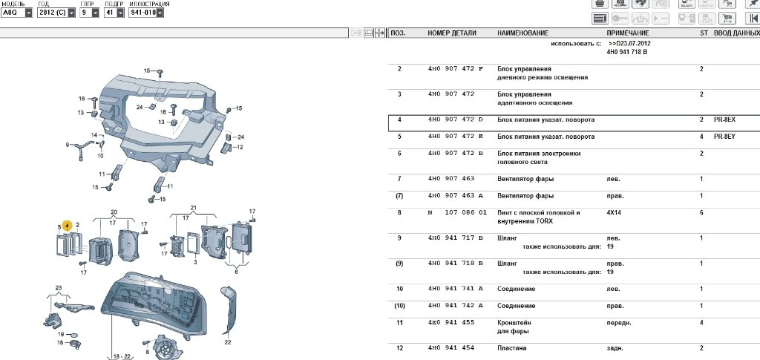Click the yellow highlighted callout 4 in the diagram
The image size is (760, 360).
(x=68, y=225)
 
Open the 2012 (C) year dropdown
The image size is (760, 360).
(x=56, y=13)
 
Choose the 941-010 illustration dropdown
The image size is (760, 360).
(x=145, y=13)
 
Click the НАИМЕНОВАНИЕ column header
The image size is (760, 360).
(x=522, y=33)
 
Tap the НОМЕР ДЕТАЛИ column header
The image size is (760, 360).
(x=453, y=33)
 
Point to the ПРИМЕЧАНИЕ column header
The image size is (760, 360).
(x=628, y=33)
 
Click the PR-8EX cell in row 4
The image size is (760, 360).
(x=724, y=120)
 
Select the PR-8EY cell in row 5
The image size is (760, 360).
(x=724, y=137)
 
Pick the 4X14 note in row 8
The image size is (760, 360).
(x=616, y=212)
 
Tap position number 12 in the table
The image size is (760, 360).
(x=399, y=348)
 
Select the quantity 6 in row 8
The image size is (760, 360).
(x=701, y=212)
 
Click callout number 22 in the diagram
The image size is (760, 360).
(x=228, y=342)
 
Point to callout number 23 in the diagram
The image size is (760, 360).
(x=58, y=287)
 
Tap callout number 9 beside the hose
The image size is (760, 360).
(x=67, y=144)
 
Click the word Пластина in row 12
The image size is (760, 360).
(x=513, y=348)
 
